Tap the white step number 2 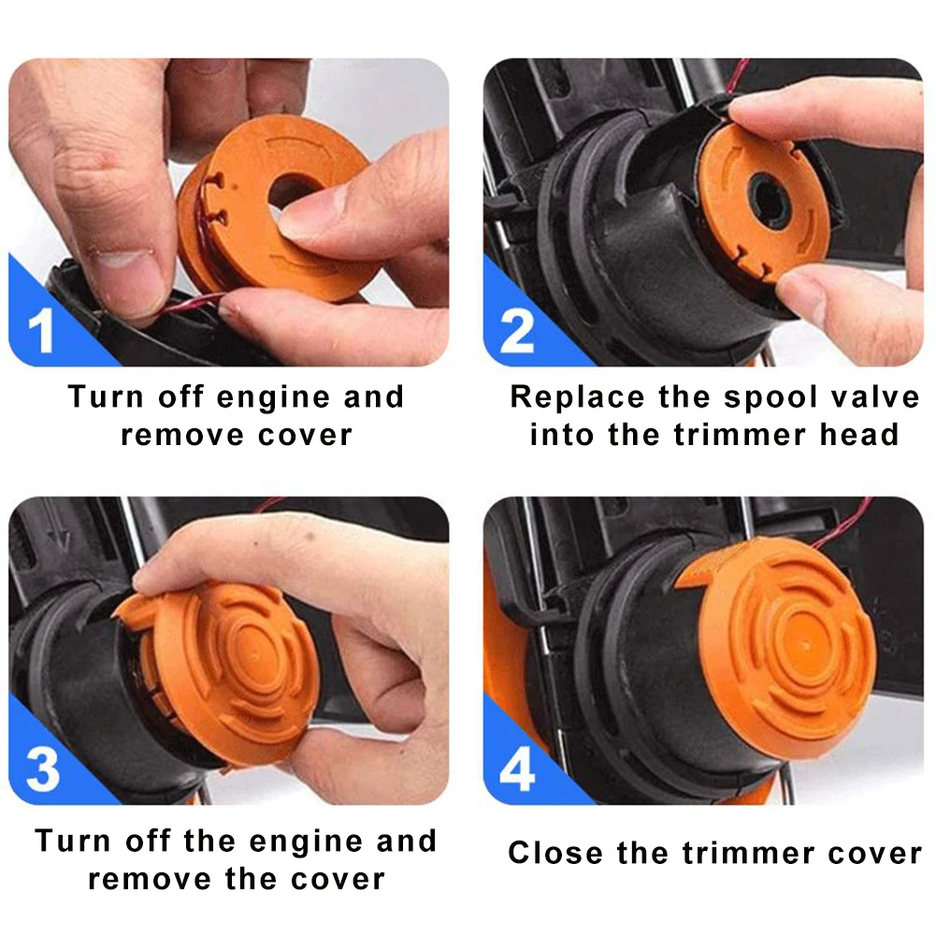(516, 332)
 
